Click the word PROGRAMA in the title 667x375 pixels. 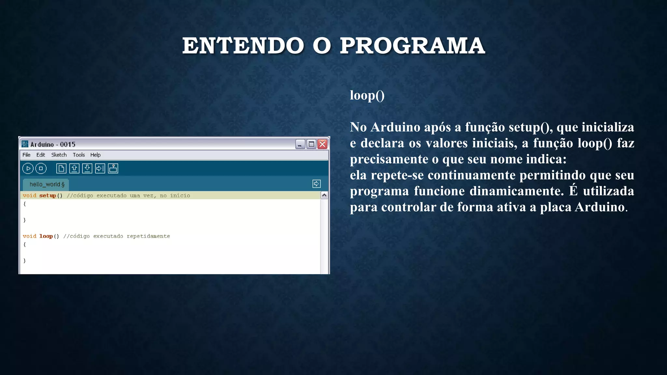tap(412, 46)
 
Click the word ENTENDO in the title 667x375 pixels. tap(243, 46)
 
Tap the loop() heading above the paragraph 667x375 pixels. tap(367, 96)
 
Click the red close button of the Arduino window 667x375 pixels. tap(322, 144)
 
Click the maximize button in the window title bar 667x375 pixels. tap(311, 144)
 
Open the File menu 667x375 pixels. tap(26, 155)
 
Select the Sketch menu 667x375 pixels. tap(59, 155)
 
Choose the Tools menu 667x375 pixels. tap(78, 155)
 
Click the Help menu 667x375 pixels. tap(95, 155)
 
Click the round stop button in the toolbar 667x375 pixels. tap(41, 168)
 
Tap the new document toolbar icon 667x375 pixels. tap(61, 168)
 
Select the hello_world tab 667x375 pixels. tap(47, 184)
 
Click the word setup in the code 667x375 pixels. tap(48, 196)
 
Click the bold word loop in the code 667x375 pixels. tap(46, 236)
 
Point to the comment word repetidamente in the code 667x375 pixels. tap(148, 236)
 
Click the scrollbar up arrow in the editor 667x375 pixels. tap(324, 195)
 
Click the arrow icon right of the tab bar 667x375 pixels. tap(316, 184)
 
